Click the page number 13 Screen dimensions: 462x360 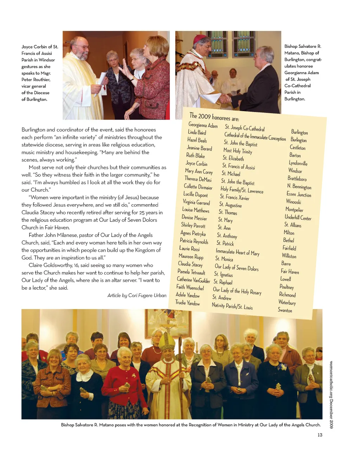(x=320, y=435)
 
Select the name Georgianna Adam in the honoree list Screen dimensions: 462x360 (x=203, y=125)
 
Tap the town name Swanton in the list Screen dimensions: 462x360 (x=285, y=310)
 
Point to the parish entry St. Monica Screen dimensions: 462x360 (x=224, y=259)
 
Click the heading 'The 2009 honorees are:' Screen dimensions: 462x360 (x=214, y=117)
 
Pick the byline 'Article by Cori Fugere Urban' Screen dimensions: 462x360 (x=137, y=295)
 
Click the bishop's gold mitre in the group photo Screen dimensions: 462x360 (x=167, y=341)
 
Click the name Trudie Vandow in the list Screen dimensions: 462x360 (x=187, y=303)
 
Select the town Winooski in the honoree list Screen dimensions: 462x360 (x=294, y=202)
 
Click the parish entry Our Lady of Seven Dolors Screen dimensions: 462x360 (x=236, y=268)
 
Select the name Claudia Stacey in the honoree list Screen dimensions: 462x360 (x=190, y=264)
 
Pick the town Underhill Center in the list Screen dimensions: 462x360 (x=298, y=218)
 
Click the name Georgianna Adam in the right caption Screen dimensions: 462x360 (x=301, y=73)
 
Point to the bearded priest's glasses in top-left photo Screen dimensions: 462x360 (x=82, y=47)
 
